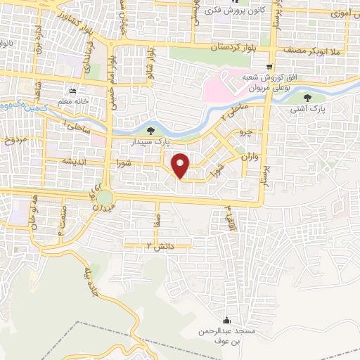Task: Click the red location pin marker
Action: tap(181, 165)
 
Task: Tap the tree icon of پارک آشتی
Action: tap(309, 98)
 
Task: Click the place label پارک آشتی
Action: tap(309, 110)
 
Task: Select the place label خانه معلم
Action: tap(71, 101)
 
